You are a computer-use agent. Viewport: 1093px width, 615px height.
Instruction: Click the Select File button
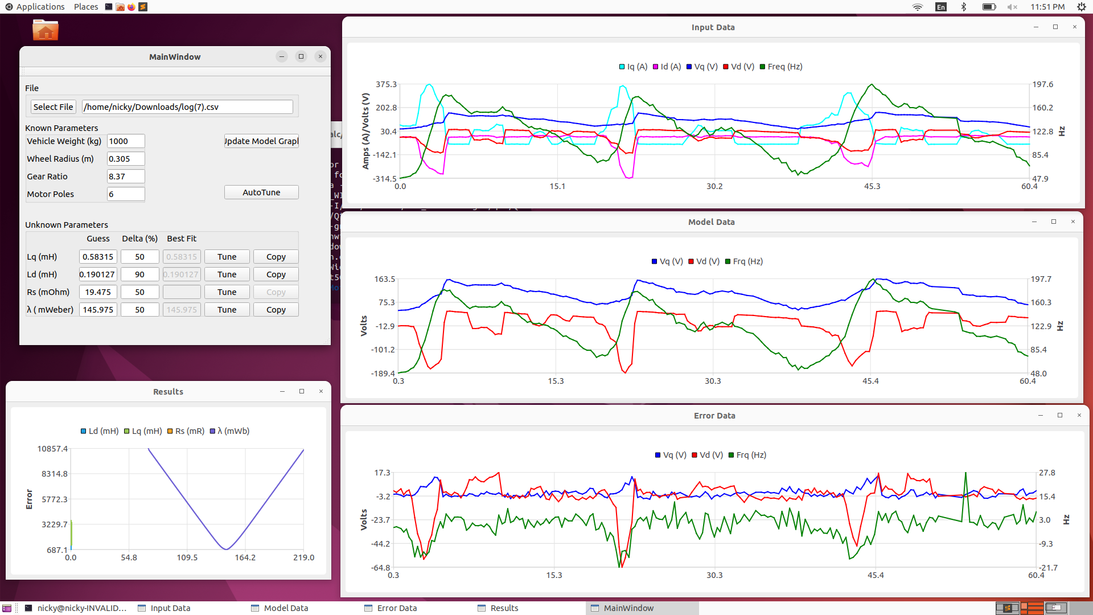(53, 107)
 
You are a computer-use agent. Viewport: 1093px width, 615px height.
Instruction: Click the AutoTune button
(261, 192)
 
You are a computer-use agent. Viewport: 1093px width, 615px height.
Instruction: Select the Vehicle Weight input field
(126, 141)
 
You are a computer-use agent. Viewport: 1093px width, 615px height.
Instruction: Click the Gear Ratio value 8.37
(126, 177)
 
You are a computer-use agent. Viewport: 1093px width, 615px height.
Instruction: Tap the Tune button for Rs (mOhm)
(227, 292)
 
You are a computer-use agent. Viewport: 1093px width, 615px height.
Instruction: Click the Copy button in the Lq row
(276, 257)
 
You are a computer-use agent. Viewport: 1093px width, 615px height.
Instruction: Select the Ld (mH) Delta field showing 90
(139, 274)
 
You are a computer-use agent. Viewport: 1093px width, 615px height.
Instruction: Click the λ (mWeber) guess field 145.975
(98, 310)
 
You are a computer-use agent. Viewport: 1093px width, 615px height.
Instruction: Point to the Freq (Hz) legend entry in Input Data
(781, 67)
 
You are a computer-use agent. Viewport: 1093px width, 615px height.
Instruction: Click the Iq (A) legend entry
(633, 67)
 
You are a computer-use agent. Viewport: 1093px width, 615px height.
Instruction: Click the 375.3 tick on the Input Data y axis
(386, 84)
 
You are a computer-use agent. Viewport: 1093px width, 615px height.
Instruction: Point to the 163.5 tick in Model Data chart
(384, 279)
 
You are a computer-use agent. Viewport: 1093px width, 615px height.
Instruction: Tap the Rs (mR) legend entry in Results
(186, 431)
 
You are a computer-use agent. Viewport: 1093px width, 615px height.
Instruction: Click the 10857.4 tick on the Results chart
(52, 449)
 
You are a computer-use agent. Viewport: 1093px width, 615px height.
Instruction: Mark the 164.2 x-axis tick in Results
(245, 557)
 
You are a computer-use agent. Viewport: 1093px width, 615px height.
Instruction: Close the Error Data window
(1079, 415)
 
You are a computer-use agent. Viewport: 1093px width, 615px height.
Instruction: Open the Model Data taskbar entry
(285, 608)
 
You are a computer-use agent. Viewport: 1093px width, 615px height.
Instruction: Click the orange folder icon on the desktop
(46, 30)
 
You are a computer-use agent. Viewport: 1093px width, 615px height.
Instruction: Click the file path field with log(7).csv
(187, 107)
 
